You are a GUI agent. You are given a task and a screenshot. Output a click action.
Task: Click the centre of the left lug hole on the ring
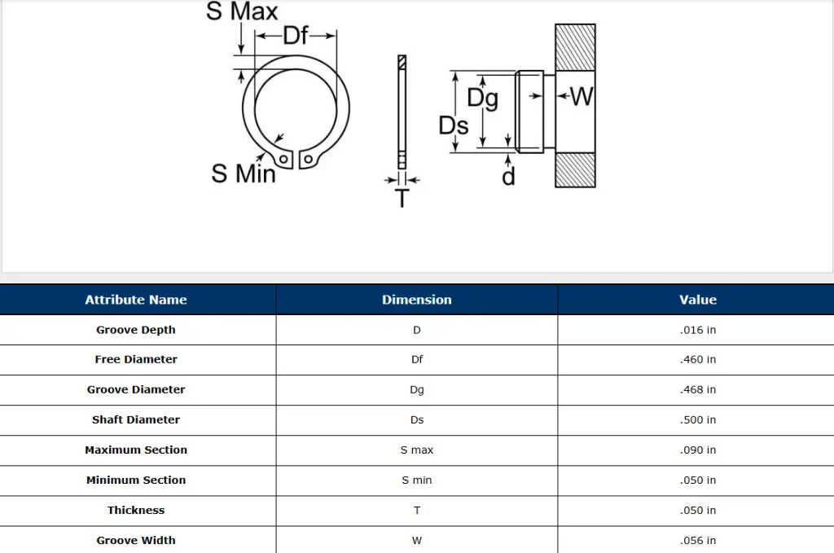(283, 159)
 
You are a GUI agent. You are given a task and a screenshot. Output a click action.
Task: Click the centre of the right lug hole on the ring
(308, 159)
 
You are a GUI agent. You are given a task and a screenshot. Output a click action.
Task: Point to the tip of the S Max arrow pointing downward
(241, 55)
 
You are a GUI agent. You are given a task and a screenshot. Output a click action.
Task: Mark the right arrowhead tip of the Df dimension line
(336, 36)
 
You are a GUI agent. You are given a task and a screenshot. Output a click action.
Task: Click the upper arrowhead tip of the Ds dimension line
(455, 71)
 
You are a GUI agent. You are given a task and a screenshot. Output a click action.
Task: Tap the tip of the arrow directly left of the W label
(556, 96)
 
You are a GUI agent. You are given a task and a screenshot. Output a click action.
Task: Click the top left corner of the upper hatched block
(555, 24)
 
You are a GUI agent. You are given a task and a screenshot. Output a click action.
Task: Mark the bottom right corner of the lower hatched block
(595, 187)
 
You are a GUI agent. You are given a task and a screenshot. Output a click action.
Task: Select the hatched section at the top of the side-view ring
(402, 62)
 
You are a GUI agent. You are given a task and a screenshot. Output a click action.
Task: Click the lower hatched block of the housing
(575, 170)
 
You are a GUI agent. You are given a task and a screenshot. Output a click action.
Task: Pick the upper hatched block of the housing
(575, 47)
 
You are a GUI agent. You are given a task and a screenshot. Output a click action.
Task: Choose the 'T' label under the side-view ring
(402, 199)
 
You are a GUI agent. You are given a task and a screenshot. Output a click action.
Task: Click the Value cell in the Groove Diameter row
(697, 390)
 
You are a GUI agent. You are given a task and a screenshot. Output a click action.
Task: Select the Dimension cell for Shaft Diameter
(417, 420)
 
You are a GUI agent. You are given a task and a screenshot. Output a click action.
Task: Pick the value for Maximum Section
(697, 450)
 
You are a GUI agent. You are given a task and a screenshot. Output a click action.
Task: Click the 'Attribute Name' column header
(136, 300)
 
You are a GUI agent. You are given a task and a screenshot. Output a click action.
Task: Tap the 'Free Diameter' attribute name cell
(136, 359)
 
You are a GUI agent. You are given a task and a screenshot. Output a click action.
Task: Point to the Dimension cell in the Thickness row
(417, 511)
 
